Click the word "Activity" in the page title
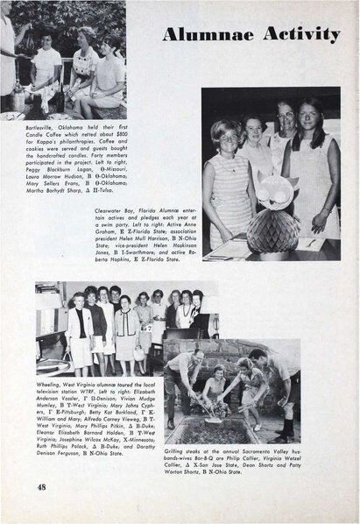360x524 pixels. click(300, 34)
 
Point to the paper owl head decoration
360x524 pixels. click(271, 188)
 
